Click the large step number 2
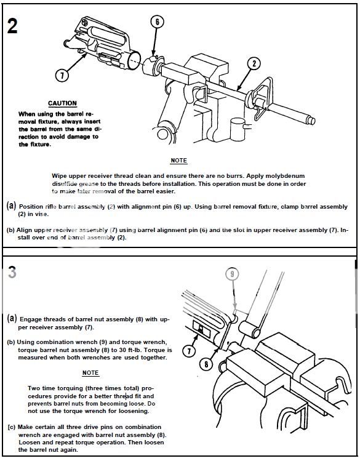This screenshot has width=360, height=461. click(12, 26)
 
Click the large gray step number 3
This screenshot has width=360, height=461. click(12, 272)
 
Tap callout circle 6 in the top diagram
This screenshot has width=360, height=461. click(157, 22)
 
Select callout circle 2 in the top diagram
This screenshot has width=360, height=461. click(254, 63)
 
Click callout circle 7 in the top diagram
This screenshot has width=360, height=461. click(62, 76)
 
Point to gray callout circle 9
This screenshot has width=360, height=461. click(232, 274)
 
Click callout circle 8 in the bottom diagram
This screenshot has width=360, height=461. click(206, 364)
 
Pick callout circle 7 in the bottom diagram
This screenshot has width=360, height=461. click(189, 350)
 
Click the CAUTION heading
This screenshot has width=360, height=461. click(62, 103)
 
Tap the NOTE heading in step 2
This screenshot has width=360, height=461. click(178, 161)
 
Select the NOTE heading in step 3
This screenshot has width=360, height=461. click(90, 373)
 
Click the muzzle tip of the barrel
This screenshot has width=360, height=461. click(311, 121)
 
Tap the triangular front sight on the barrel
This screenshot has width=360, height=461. click(262, 98)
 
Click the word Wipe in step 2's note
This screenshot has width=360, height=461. click(59, 176)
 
